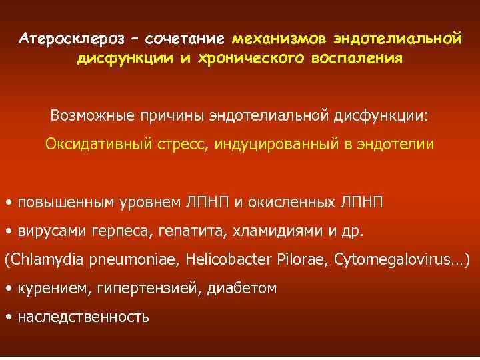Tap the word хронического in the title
tap(245, 58)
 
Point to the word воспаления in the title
tap(353, 58)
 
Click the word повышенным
tap(61, 202)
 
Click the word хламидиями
tap(266, 231)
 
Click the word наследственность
tap(83, 317)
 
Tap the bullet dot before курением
tap(8, 289)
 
